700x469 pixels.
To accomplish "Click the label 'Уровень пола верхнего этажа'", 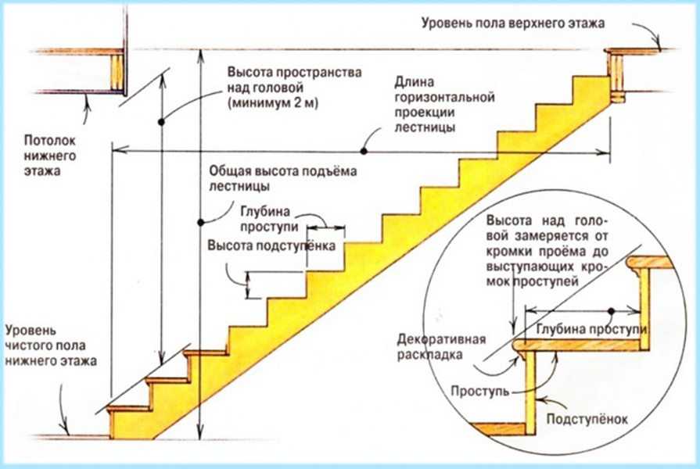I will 512,23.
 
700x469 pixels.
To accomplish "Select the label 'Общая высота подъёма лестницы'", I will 282,180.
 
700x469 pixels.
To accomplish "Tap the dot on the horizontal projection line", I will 364,149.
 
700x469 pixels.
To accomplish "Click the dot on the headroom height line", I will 160,122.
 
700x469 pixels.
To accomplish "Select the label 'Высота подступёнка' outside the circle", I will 271,245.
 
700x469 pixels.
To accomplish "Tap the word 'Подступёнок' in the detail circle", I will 587,418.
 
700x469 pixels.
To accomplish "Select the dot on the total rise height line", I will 201,220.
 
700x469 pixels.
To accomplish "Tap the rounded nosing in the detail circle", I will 519,345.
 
